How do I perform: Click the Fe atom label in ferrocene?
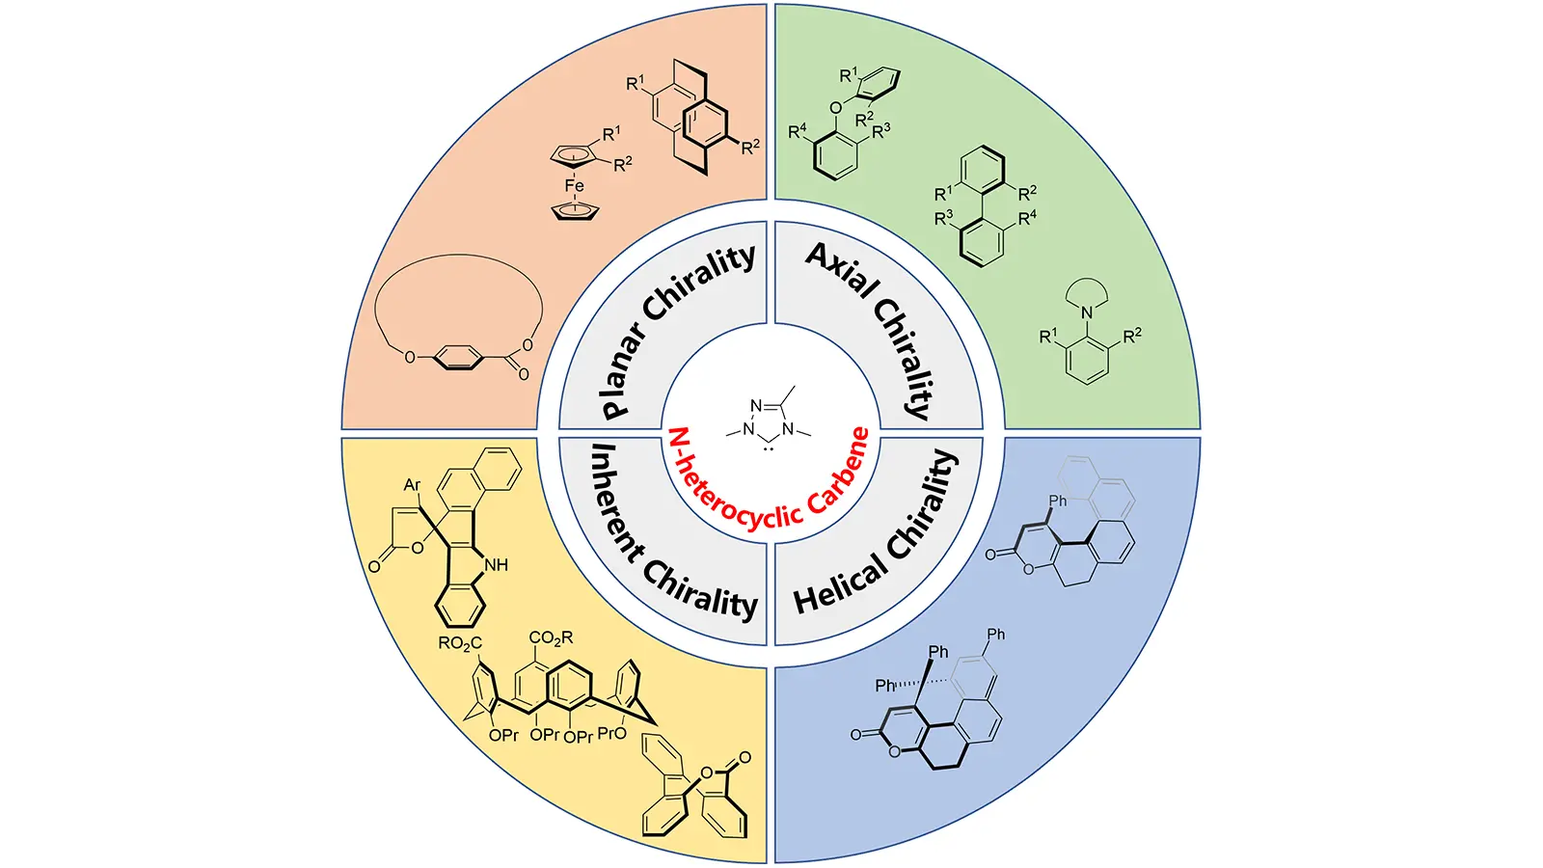click(574, 185)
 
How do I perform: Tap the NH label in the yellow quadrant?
click(496, 564)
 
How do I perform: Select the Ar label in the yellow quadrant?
click(413, 485)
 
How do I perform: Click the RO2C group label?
click(460, 643)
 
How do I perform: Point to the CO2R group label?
click(551, 637)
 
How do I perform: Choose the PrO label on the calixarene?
click(612, 733)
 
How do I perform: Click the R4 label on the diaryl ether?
click(798, 131)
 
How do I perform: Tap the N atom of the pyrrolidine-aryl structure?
click(1087, 312)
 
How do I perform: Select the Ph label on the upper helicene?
click(1058, 501)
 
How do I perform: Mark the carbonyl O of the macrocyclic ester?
click(524, 374)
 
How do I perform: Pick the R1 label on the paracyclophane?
click(636, 84)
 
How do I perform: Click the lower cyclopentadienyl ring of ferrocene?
click(575, 209)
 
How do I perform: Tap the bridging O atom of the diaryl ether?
click(835, 107)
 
